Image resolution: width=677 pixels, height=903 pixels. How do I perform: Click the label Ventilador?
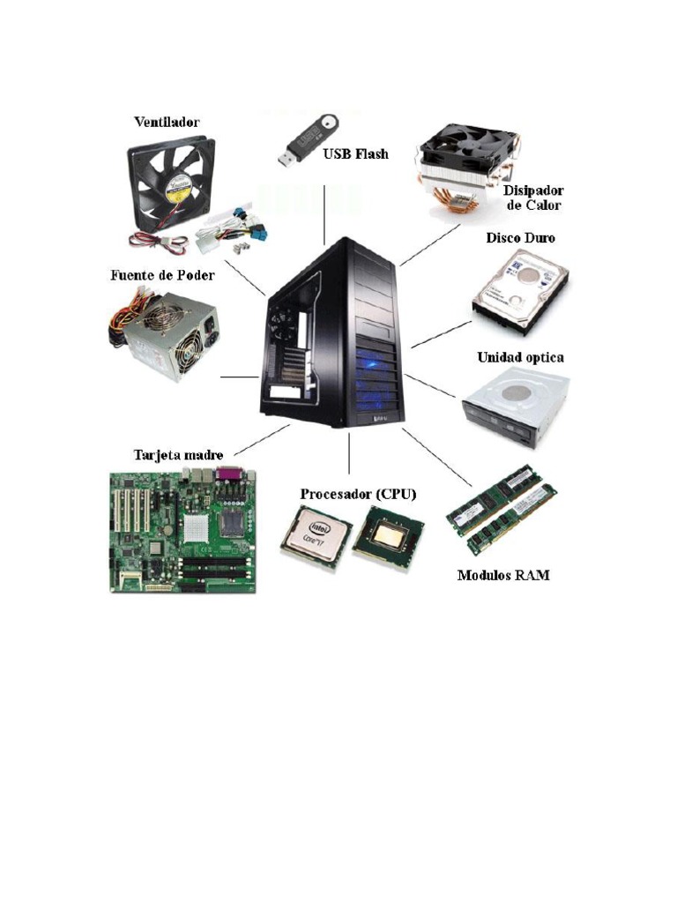tap(166, 122)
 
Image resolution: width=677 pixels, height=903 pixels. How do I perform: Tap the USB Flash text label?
tap(355, 154)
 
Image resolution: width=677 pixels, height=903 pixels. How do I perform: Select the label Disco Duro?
tap(520, 238)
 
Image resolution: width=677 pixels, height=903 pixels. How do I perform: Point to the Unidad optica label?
tap(520, 358)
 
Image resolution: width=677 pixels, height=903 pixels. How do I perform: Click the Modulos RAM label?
tap(503, 576)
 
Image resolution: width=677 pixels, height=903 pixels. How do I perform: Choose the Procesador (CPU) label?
tap(358, 494)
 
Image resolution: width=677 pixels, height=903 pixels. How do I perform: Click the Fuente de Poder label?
tap(162, 275)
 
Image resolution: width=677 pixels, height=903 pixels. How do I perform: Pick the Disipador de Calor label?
tap(533, 198)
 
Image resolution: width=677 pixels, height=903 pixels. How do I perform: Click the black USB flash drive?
tap(305, 140)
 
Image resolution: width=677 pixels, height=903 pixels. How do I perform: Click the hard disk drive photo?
tap(520, 290)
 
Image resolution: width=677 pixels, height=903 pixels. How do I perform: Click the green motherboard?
tap(182, 531)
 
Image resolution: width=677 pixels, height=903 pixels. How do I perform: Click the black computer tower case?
tap(335, 333)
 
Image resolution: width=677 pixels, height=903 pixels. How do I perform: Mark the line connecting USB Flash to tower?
tap(325, 214)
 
